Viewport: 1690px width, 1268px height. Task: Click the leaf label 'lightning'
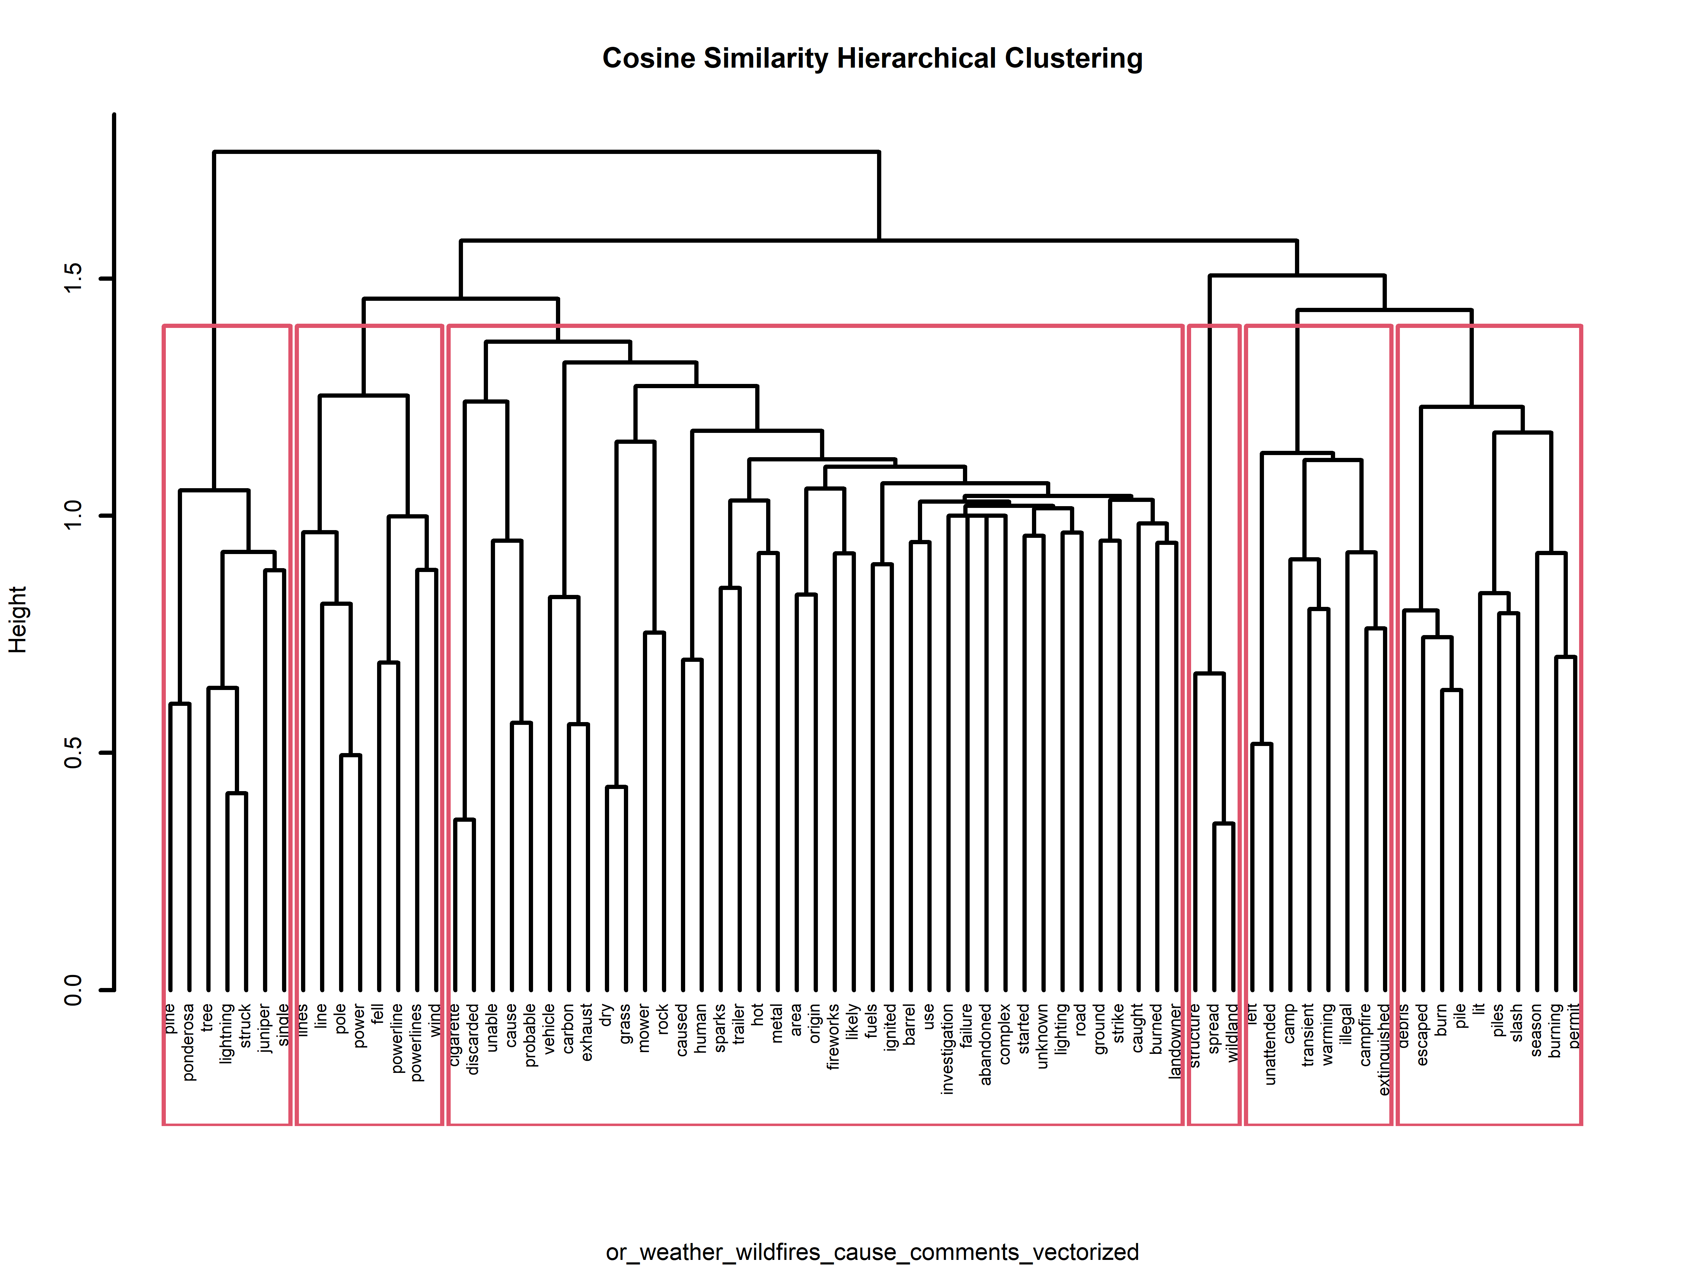(226, 1033)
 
